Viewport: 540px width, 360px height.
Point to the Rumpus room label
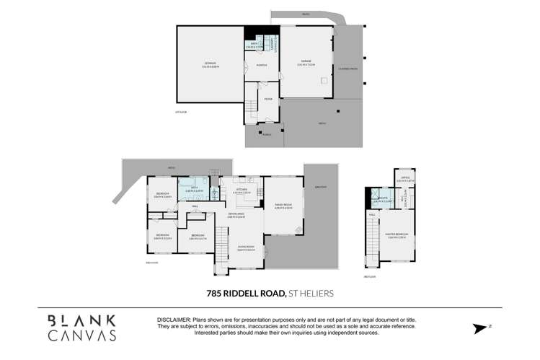pos(262,66)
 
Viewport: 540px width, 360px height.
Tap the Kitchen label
pos(241,191)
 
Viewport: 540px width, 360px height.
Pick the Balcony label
pos(319,188)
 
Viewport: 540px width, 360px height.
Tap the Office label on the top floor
pos(405,177)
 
